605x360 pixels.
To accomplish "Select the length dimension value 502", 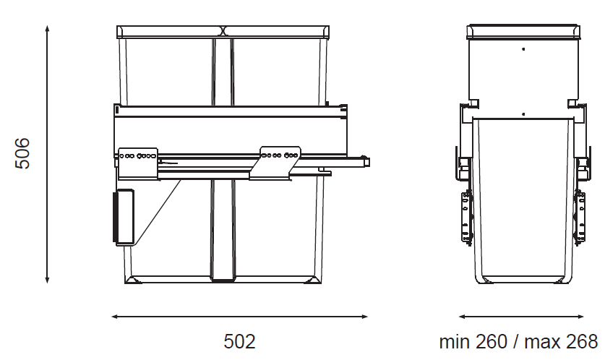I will (239, 341).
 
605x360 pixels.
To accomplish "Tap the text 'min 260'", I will (473, 341).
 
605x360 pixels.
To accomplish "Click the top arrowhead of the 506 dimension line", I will (47, 28).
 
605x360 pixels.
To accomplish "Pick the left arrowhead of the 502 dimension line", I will (115, 316).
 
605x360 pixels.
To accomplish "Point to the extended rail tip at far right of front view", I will (366, 160).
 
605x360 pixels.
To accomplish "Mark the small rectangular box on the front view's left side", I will (124, 217).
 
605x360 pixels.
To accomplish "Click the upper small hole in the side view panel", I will (523, 49).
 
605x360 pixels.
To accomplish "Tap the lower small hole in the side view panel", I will (523, 113).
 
